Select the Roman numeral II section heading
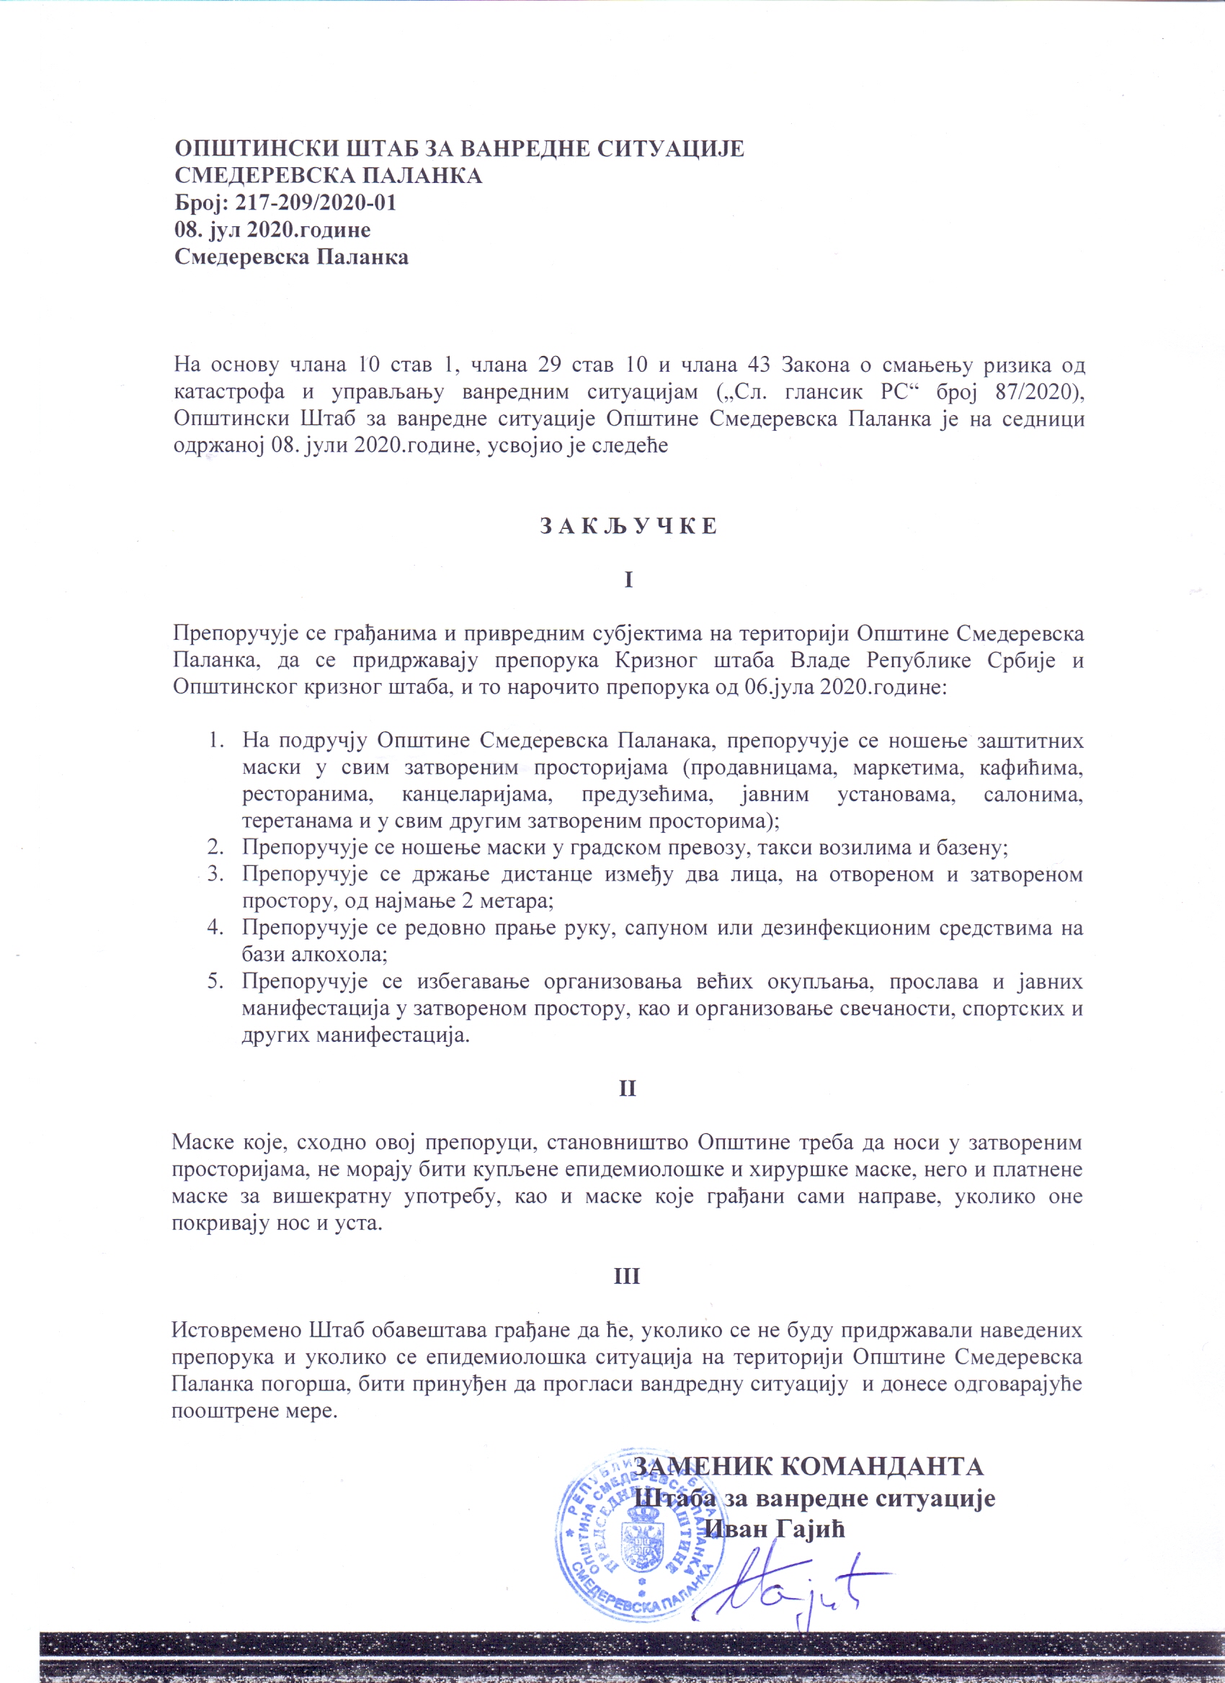(x=628, y=1089)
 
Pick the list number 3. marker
(x=215, y=874)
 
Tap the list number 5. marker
(x=215, y=982)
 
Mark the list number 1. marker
(x=215, y=741)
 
